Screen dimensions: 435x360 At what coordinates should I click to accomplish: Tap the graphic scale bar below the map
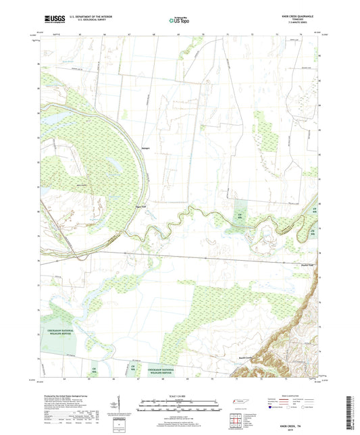(180, 407)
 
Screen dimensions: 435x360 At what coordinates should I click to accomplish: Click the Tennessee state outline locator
(239, 403)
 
